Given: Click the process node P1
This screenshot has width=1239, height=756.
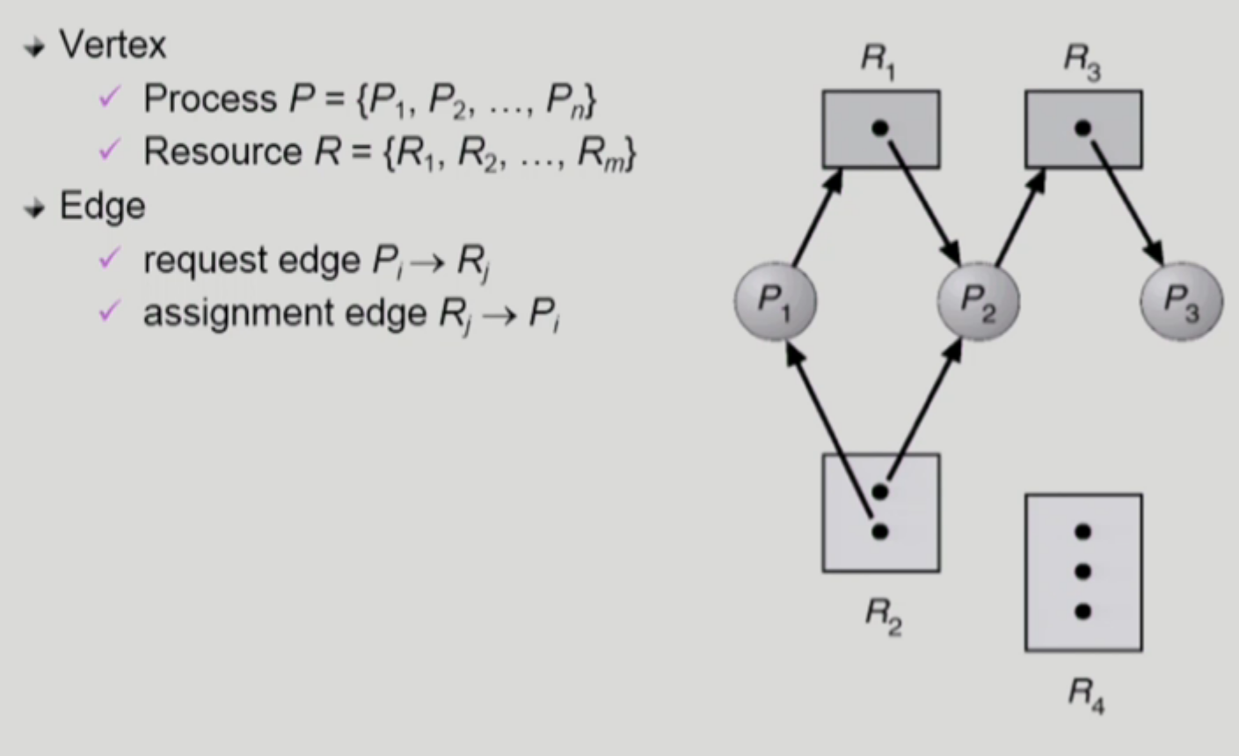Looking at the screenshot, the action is (776, 301).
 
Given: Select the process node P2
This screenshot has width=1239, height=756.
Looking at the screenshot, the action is (979, 301).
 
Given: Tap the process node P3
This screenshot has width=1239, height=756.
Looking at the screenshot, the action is (1181, 301).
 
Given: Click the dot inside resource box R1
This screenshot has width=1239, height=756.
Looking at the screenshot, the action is (880, 128).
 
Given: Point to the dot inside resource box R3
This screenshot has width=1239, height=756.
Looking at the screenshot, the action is (1082, 128).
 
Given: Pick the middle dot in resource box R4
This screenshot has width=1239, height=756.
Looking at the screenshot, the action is (1082, 571).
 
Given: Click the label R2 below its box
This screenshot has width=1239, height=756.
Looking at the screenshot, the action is (883, 613).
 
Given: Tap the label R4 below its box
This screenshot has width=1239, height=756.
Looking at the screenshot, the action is (1086, 694).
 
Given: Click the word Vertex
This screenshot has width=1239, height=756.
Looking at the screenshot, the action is (113, 45).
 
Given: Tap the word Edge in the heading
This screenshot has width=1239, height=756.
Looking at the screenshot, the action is (102, 206).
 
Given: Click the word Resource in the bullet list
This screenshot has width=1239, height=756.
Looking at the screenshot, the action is (222, 151).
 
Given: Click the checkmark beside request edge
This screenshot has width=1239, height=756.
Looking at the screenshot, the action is (109, 259).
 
